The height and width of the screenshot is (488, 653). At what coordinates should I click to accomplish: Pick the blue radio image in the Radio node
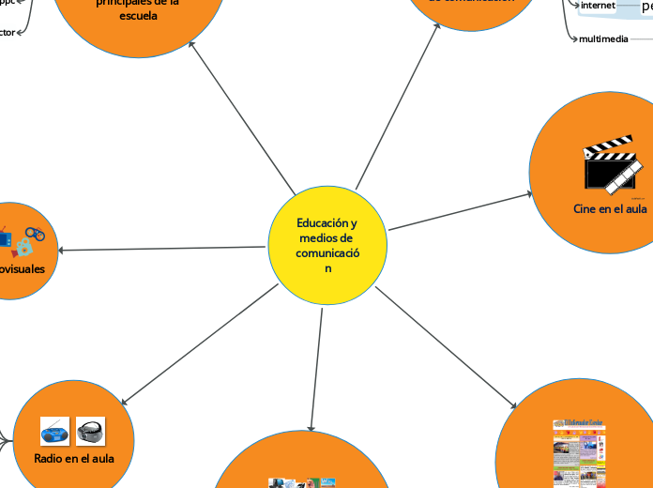pos(54,432)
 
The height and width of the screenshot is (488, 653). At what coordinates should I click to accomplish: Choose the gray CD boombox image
pos(90,432)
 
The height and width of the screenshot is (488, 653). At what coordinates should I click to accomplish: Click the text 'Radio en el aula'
pos(74,459)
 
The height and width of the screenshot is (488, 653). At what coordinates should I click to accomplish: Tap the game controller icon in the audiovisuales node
pos(35,233)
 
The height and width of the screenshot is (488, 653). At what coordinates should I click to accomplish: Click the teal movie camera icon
pos(23,248)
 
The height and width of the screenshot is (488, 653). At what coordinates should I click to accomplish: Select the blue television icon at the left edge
pos(4,239)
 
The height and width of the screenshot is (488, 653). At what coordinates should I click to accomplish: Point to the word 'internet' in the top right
pos(598,6)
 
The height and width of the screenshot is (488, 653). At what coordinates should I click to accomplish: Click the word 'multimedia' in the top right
pos(603,39)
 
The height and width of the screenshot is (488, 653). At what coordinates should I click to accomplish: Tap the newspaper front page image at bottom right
pos(578,452)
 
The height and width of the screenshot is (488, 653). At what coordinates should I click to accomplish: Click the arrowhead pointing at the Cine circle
pos(528,195)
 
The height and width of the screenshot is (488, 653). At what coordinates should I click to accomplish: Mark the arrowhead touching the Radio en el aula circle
pos(124,402)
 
